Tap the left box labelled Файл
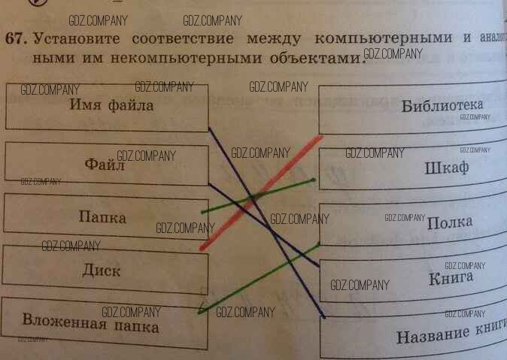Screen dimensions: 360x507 (x=105, y=164)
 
